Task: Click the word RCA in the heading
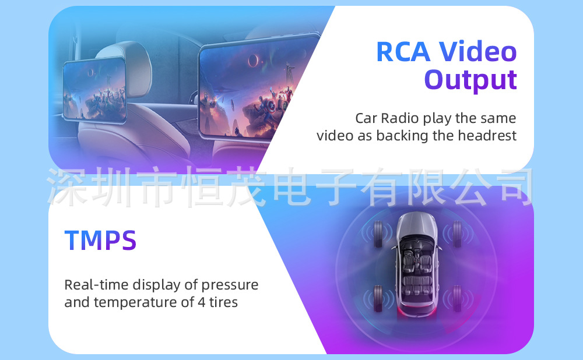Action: click(403, 51)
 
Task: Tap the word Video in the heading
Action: click(478, 51)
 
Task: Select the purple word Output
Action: click(470, 80)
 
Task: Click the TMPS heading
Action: click(100, 241)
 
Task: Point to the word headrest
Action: click(487, 136)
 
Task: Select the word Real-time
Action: click(97, 285)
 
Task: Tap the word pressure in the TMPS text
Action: click(230, 285)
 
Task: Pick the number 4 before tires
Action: click(201, 302)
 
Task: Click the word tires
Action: click(223, 302)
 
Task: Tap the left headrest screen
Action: click(95, 90)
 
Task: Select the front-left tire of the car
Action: click(378, 234)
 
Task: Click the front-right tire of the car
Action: click(457, 234)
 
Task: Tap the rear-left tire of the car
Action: click(378, 298)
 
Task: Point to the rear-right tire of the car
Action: click(457, 298)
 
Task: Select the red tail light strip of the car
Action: click(416, 310)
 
